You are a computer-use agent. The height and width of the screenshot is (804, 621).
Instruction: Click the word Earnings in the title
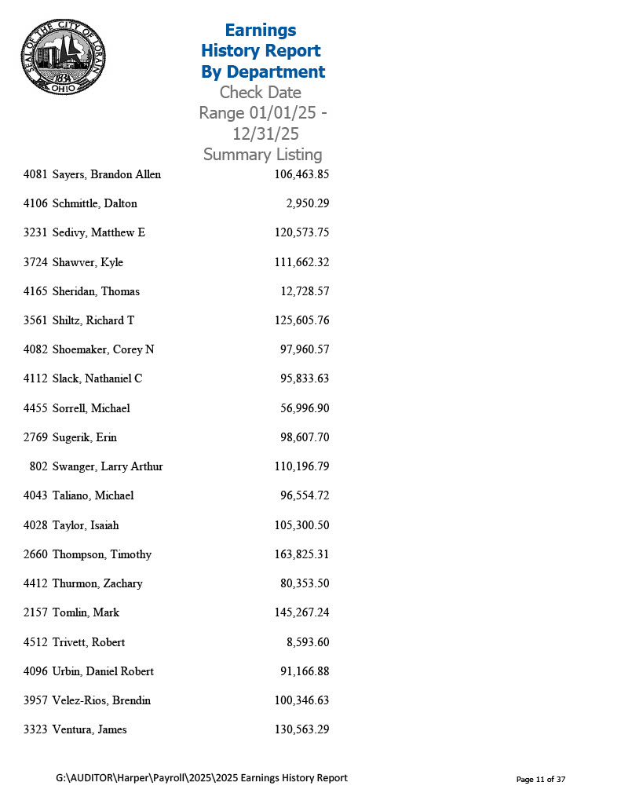[261, 30]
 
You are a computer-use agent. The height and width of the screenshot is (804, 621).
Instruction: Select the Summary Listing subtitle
[262, 155]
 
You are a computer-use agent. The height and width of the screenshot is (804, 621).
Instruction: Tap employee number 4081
[35, 174]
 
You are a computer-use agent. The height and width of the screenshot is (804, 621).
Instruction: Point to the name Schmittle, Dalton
[94, 203]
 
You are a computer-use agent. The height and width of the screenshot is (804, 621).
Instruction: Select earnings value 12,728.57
[305, 291]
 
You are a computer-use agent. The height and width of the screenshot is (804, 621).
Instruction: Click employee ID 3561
[35, 320]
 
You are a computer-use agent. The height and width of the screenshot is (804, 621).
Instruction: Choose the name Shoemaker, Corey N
[103, 349]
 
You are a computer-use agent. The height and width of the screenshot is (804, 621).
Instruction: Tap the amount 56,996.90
[305, 408]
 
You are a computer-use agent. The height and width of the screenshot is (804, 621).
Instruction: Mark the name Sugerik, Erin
[84, 437]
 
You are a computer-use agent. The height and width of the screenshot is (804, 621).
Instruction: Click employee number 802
[38, 466]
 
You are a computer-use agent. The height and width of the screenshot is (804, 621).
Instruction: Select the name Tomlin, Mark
[86, 612]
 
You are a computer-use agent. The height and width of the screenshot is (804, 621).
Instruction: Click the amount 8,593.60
[308, 642]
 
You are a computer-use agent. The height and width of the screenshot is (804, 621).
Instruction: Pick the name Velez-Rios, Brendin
[101, 700]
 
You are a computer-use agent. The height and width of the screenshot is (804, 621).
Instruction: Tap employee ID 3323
[35, 729]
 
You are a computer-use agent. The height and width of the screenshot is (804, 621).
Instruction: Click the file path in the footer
[201, 778]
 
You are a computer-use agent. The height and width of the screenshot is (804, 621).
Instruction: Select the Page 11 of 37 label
[540, 780]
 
